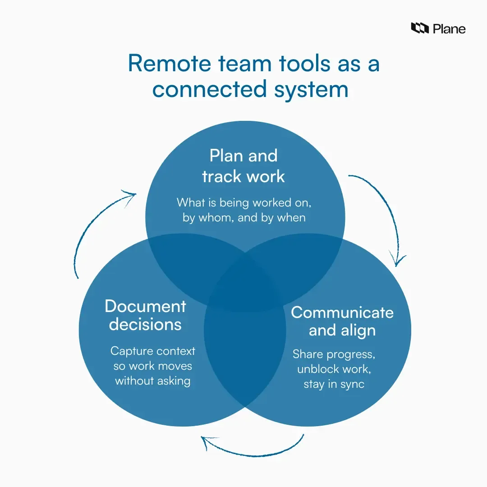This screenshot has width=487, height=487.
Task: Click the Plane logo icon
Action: (x=419, y=28)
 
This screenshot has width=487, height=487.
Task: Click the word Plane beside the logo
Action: (x=449, y=29)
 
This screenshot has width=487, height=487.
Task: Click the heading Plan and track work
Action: (x=243, y=165)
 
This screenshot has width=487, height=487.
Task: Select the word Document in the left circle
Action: (x=145, y=306)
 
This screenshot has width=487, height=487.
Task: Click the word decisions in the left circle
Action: (x=145, y=324)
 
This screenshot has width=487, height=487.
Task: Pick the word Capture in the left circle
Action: (x=131, y=351)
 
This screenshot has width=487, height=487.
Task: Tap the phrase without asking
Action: (x=152, y=381)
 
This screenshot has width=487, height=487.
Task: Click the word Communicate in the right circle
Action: (x=342, y=312)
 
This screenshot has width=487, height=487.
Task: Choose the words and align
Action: (x=342, y=331)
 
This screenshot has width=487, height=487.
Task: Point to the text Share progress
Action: (x=334, y=354)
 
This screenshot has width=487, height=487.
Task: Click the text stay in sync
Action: (x=334, y=385)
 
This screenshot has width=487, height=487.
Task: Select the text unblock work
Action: (x=333, y=370)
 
